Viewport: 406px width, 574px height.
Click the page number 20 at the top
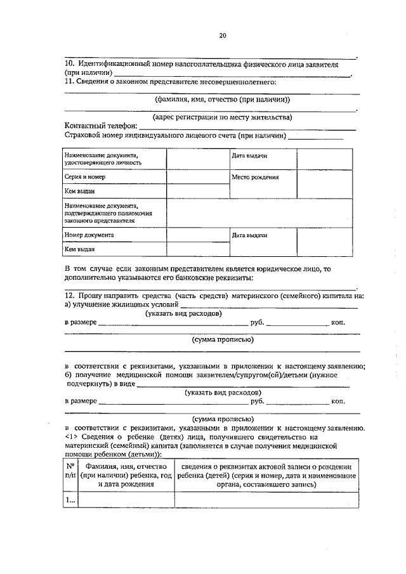click(222, 36)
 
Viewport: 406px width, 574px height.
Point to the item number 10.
click(70, 65)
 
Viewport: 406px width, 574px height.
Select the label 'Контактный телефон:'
click(101, 126)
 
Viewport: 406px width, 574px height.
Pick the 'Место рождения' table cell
click(255, 177)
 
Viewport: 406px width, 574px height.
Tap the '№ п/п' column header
click(70, 474)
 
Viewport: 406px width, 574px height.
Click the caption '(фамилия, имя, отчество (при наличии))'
click(222, 99)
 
